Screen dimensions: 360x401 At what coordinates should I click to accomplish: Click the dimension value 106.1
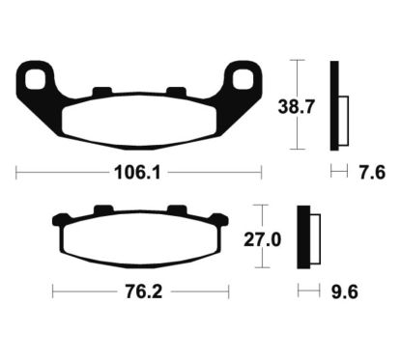(136, 175)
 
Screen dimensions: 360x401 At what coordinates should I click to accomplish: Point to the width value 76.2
(139, 289)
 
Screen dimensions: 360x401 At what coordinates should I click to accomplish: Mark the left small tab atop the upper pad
(100, 93)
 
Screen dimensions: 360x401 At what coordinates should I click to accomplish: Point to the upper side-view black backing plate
(335, 105)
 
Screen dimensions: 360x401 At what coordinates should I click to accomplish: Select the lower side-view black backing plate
(301, 237)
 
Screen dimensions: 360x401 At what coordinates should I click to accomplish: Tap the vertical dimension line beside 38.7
(297, 105)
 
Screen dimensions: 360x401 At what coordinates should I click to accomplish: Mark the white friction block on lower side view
(313, 238)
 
